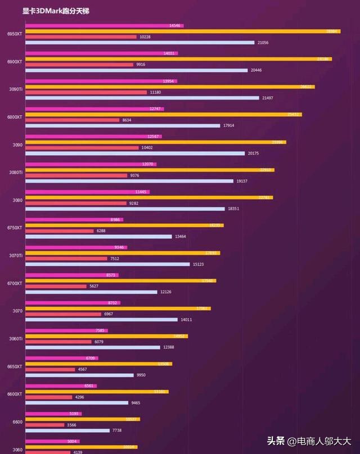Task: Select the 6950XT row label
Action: (15, 34)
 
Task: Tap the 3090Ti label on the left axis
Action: (15, 89)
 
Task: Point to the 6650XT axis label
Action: (15, 366)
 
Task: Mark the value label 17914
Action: (229, 125)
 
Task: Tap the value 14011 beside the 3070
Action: (186, 319)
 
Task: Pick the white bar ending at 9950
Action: (79, 375)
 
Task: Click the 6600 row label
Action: (17, 422)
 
